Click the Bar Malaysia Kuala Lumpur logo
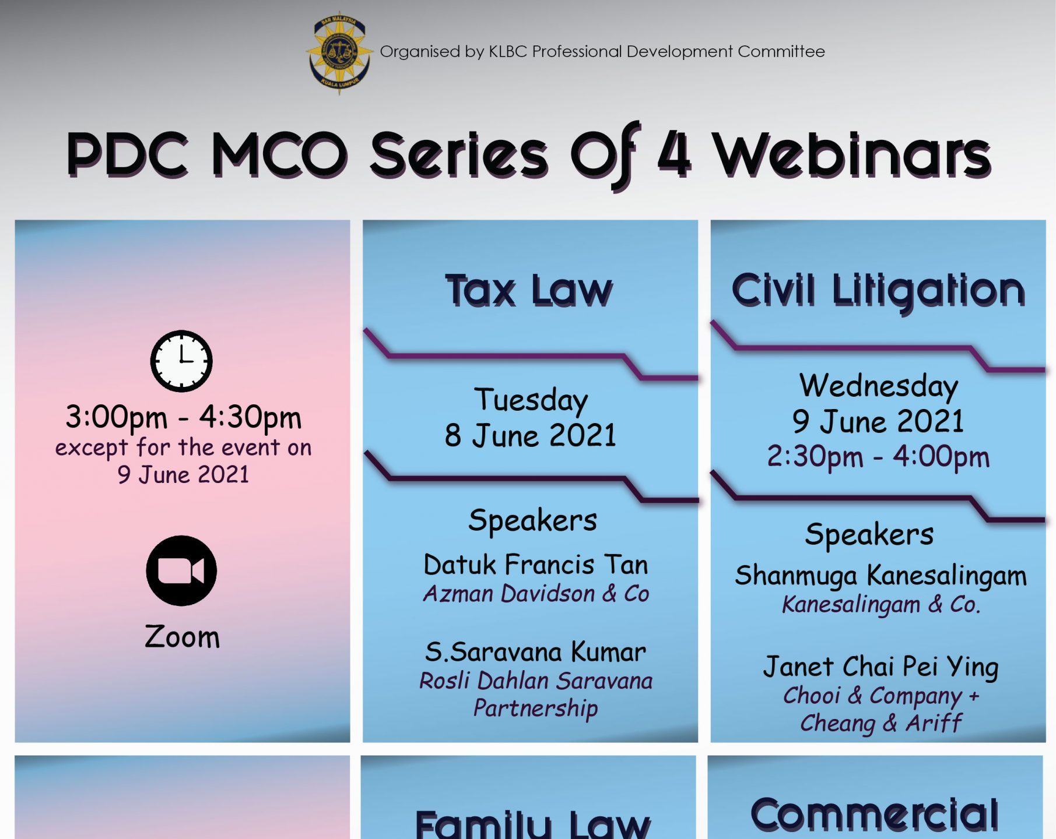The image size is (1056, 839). [339, 52]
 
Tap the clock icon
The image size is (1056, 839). [181, 361]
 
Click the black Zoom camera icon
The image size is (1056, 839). [181, 571]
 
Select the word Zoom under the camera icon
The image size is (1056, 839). [183, 637]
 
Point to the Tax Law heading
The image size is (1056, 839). [529, 291]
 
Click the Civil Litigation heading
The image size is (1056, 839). [878, 291]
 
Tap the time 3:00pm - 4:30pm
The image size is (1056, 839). [183, 417]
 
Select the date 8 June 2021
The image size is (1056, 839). [530, 435]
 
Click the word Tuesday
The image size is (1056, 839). [531, 400]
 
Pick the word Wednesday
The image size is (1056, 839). [879, 386]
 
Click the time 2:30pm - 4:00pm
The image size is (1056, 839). [878, 457]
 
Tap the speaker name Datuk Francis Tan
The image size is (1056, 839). [536, 565]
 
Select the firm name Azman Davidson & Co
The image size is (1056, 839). [536, 594]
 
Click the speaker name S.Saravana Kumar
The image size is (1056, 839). [535, 652]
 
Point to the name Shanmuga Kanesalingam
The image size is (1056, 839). [880, 576]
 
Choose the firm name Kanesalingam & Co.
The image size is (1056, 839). [881, 604]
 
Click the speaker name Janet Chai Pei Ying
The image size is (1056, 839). [880, 667]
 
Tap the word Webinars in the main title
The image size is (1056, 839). [852, 156]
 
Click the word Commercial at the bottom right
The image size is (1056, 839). [875, 814]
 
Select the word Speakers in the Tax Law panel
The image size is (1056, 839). [533, 520]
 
